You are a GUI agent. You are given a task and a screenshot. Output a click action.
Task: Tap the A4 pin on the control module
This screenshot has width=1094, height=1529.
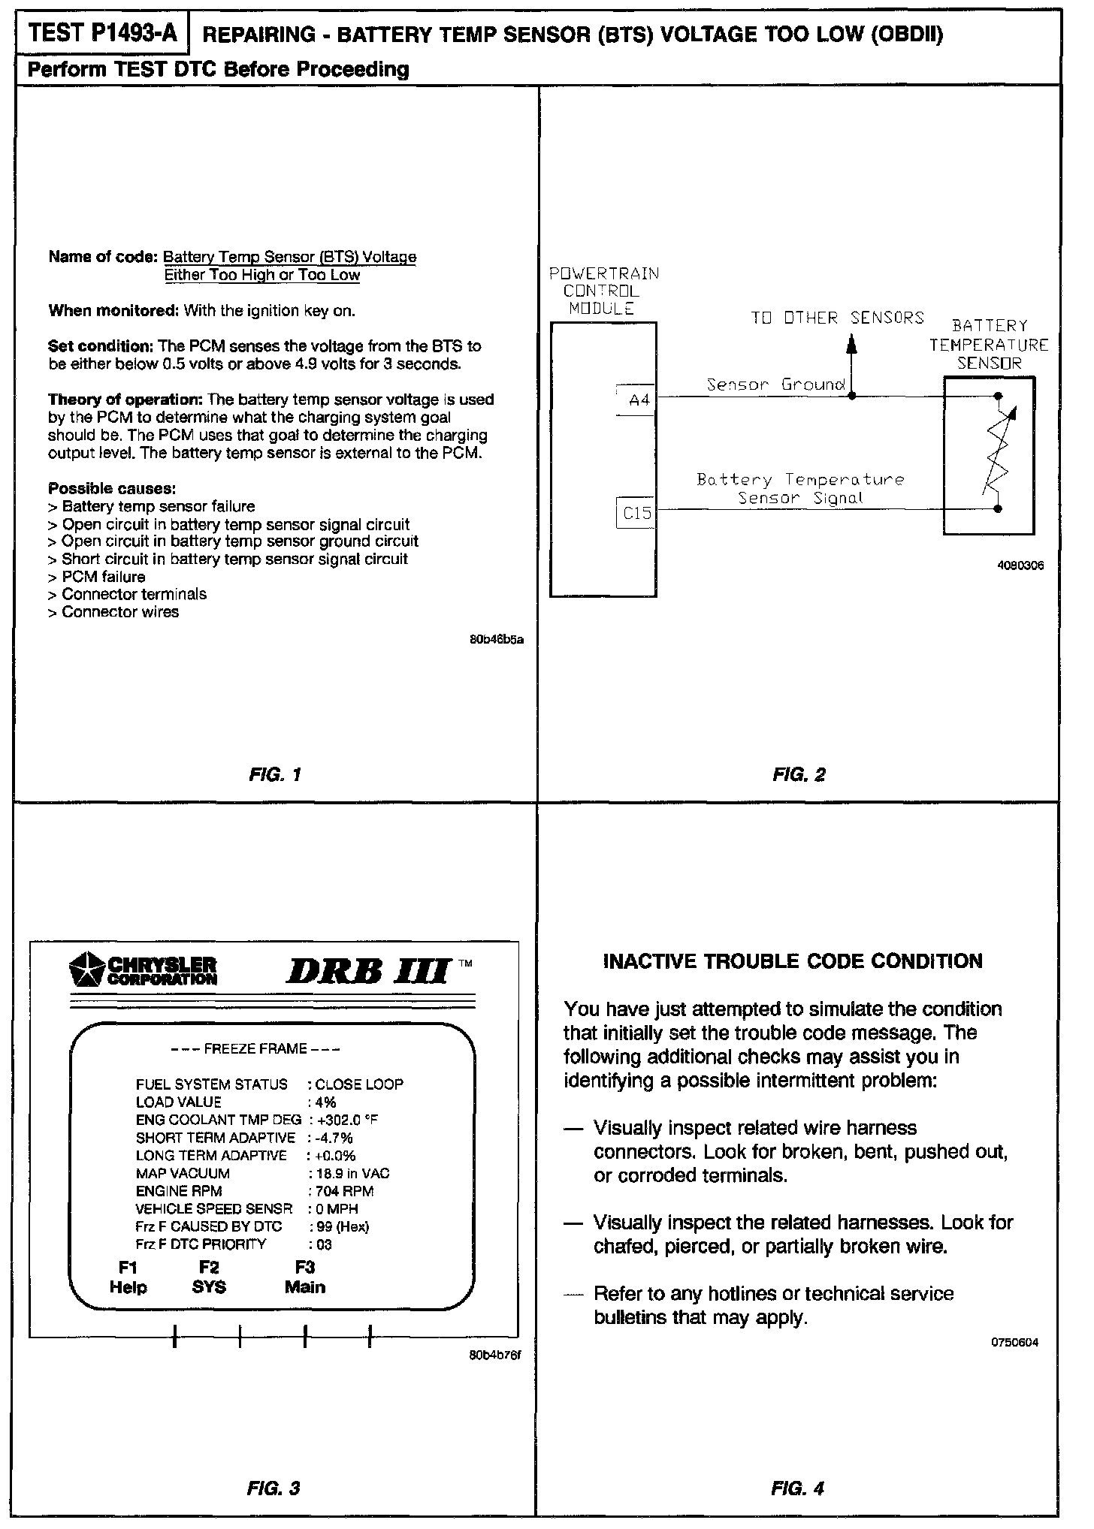pos(638,400)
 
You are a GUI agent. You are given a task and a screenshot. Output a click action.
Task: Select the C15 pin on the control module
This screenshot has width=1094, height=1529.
pos(636,514)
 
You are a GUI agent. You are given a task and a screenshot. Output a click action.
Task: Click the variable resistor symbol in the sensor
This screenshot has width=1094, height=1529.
pos(997,453)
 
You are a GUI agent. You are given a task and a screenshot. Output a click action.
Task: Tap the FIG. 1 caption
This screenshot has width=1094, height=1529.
pos(274,774)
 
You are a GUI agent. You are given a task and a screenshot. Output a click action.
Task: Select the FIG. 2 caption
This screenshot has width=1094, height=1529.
pos(799,774)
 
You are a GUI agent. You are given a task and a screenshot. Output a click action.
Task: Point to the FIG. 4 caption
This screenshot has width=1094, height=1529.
pos(797,1488)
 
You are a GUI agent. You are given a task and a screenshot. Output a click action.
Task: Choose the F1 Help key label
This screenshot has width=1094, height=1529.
pos(128,1277)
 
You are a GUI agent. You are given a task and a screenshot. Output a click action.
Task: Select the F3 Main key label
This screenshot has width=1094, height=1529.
pos(305,1277)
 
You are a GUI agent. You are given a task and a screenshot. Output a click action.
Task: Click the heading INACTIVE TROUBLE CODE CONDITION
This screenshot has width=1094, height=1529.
pos(793,962)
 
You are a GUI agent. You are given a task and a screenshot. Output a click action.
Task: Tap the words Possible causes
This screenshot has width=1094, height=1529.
pos(112,488)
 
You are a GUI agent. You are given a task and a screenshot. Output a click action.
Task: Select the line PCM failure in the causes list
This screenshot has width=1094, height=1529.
pos(103,577)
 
